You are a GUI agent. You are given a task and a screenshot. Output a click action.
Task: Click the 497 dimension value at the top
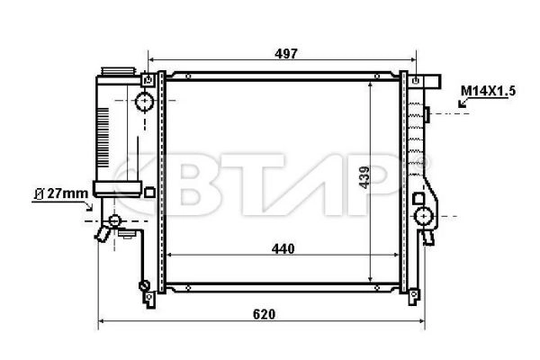click(x=286, y=54)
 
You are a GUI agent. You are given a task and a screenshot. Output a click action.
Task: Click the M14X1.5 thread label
click(x=488, y=90)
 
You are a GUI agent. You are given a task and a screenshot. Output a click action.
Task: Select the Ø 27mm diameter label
click(x=61, y=192)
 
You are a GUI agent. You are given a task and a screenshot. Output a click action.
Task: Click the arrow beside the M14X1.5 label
click(x=463, y=104)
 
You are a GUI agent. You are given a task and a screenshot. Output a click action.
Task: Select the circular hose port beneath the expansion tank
click(x=114, y=221)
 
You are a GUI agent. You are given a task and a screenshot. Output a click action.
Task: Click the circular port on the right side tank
click(x=422, y=216)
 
